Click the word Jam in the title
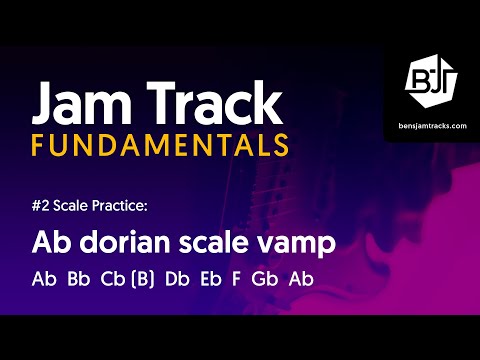79,103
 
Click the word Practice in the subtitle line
123,206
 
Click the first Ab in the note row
44,278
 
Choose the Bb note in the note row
78,278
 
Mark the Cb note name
112,278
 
